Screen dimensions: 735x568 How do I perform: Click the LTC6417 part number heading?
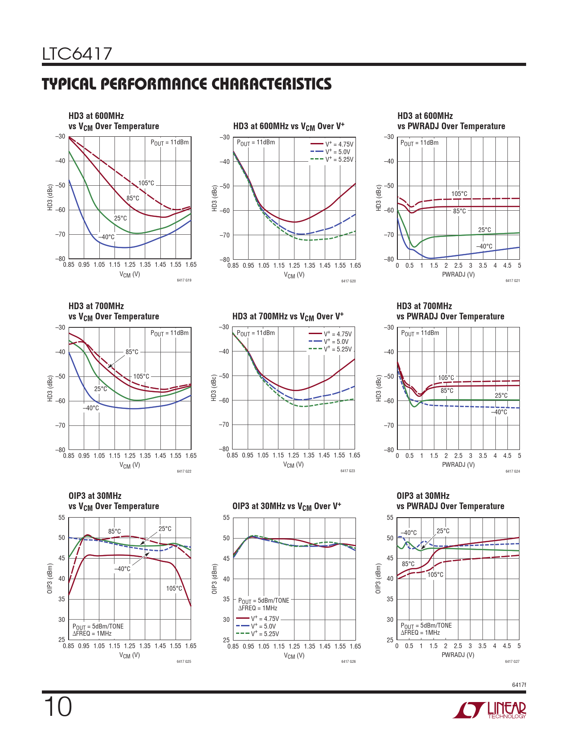pos(77,54)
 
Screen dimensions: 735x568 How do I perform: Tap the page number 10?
pos(57,707)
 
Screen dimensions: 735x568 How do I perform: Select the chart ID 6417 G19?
pos(184,280)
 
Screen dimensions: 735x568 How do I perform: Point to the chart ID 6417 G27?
pos(512,661)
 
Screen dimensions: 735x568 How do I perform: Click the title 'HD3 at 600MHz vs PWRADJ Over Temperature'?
pos(451,121)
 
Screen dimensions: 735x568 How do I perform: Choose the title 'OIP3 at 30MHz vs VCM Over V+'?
pos(286,506)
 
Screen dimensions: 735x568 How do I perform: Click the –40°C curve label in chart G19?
pos(106,237)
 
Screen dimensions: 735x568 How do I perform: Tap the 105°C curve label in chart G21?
pos(459,194)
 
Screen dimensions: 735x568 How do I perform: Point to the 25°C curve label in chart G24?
pos(501,396)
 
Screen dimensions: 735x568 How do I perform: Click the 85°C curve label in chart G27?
pos(408,564)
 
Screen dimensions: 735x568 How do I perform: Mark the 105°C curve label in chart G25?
pos(174,588)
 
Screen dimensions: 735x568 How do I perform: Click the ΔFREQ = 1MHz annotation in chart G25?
pos(92,633)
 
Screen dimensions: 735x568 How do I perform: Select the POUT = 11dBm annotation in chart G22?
pos(169,333)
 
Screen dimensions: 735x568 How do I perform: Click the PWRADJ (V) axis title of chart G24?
pos(458,465)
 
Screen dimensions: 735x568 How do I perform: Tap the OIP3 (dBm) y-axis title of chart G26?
pos(214,579)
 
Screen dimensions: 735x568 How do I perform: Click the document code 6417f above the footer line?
pos(519,685)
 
